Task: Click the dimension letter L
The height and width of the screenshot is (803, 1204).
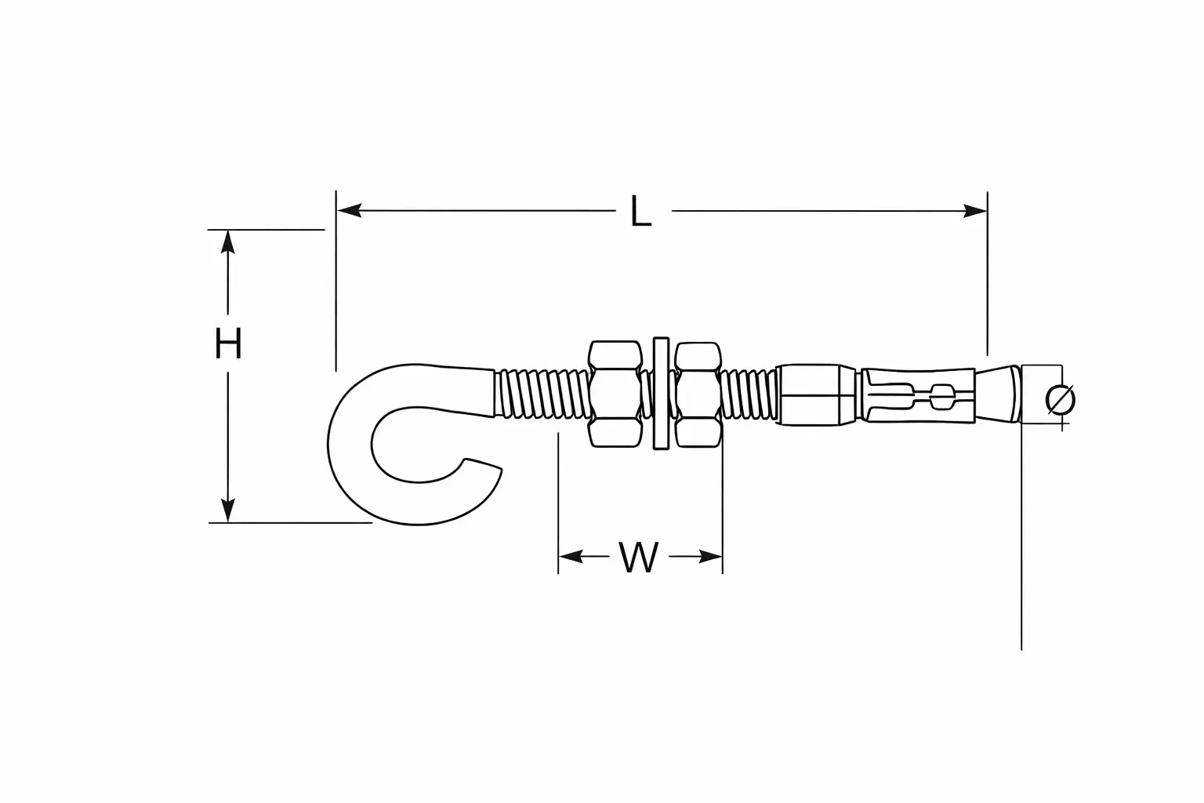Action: (x=640, y=211)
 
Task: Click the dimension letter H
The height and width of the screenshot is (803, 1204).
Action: (x=228, y=343)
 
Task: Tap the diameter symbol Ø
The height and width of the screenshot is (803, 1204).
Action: (x=1061, y=400)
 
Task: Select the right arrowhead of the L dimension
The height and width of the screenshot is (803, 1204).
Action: (x=974, y=211)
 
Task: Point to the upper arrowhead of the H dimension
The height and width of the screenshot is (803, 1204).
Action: (x=228, y=242)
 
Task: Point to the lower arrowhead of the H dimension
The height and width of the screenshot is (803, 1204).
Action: (x=228, y=511)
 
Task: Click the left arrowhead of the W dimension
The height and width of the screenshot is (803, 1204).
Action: (x=571, y=556)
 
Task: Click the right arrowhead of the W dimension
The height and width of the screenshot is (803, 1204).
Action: (x=710, y=557)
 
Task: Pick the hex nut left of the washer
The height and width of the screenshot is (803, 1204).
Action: (x=615, y=394)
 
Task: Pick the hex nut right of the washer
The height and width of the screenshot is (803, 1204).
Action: (x=698, y=394)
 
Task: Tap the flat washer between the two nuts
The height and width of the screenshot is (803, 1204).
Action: (x=661, y=393)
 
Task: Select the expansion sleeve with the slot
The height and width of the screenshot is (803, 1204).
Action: (x=918, y=395)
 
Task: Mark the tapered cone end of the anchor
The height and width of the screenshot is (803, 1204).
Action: (x=998, y=394)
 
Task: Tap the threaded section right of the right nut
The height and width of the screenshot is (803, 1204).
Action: (x=749, y=394)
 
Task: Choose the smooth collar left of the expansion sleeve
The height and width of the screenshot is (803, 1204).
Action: (x=816, y=394)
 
